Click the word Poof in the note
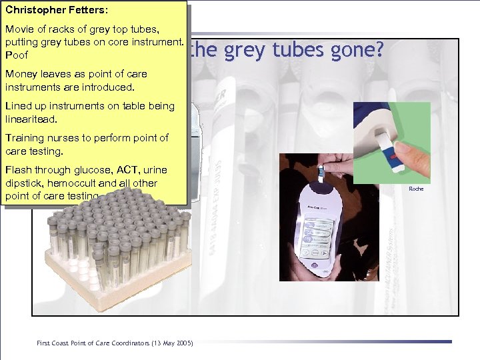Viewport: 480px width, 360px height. [x=17, y=55]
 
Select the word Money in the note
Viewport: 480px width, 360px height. [x=21, y=74]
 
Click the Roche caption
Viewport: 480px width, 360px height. [x=416, y=189]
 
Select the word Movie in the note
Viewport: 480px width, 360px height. [x=19, y=30]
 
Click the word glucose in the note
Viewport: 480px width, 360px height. [x=79, y=170]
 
